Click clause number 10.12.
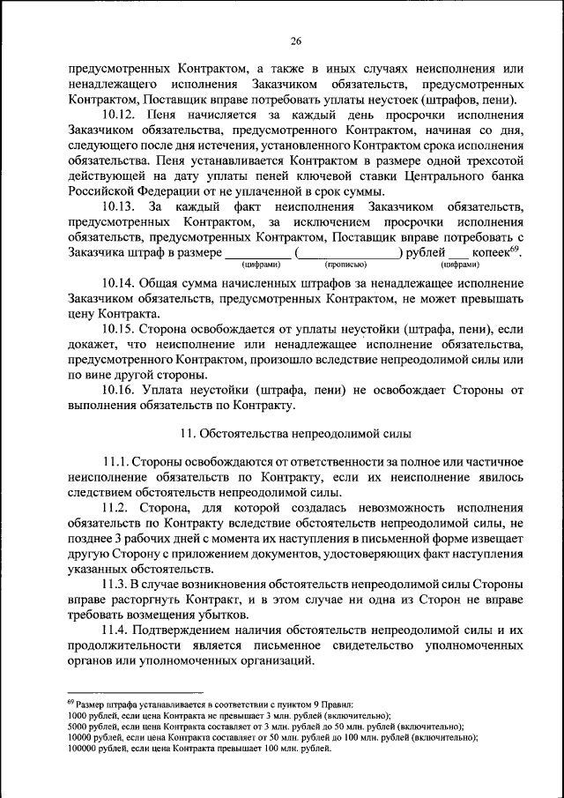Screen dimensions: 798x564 (119, 116)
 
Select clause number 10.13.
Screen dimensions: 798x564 (119, 206)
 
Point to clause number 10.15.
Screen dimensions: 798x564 (119, 329)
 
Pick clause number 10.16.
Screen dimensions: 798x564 (119, 391)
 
